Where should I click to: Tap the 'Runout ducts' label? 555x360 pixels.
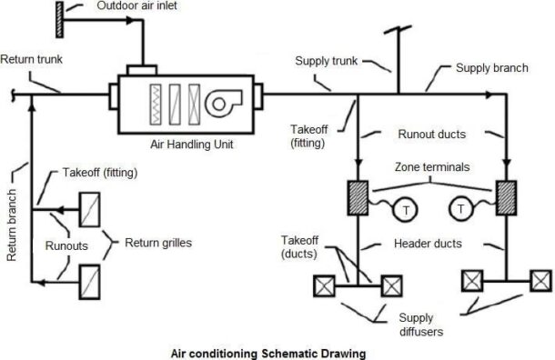(433, 134)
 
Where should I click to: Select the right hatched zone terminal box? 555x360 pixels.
(507, 198)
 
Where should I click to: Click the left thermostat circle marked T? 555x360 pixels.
(404, 210)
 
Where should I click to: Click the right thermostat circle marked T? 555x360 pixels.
(463, 210)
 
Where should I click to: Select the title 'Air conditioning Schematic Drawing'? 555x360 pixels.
(269, 350)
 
